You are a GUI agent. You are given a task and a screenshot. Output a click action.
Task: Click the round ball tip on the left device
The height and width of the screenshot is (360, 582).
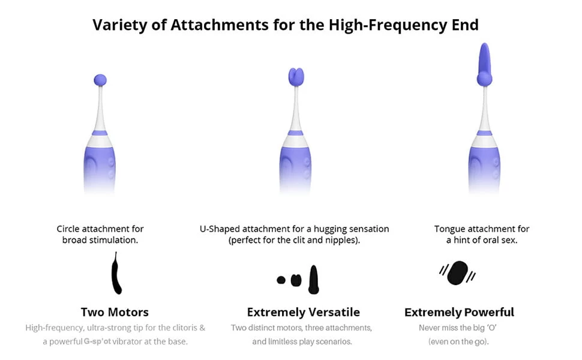pos(100,80)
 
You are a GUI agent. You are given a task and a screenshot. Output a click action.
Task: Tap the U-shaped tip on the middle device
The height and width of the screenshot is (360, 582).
pos(296,77)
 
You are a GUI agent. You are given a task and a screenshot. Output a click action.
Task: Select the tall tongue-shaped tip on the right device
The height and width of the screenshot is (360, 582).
pos(485,65)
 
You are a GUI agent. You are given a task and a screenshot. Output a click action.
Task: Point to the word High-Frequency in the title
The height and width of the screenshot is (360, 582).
pos(388,25)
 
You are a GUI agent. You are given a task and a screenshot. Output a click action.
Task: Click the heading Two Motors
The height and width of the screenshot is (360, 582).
pos(115,312)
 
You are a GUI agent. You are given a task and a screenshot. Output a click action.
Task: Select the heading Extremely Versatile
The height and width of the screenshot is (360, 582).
pos(303,312)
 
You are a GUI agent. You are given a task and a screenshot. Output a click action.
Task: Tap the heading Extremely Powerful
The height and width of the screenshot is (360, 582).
pos(459,312)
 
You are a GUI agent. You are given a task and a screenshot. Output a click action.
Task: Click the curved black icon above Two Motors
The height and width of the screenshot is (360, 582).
pos(116,274)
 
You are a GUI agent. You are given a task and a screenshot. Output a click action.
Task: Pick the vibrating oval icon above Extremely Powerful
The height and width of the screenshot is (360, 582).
pos(458,273)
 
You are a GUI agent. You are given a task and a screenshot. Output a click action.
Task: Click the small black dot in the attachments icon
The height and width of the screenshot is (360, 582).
pos(281,280)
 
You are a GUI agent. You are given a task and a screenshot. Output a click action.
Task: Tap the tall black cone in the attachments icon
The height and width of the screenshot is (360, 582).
pos(314,280)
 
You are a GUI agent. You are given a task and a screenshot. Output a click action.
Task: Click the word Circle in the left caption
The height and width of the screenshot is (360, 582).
pos(68,229)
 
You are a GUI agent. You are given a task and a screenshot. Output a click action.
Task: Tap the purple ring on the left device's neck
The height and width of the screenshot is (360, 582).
pos(100,133)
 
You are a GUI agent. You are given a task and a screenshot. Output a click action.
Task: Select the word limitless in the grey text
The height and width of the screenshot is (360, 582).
pos(284,341)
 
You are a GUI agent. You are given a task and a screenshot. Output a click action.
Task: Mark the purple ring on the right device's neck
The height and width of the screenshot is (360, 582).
pos(484,133)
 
